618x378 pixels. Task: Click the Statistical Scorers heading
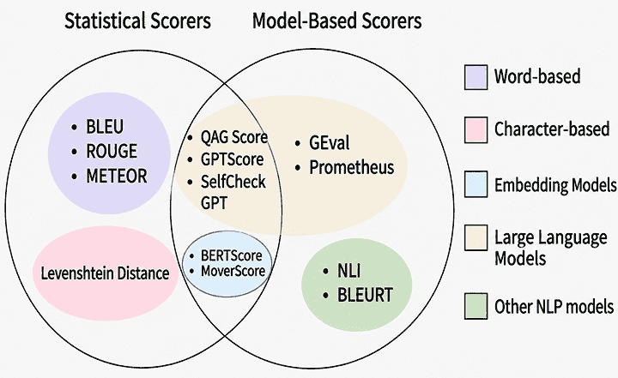[137, 21]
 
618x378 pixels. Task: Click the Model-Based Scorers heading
[337, 21]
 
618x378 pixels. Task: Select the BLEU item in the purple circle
[105, 127]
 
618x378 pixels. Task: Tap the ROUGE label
[112, 151]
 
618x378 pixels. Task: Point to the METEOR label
[116, 176]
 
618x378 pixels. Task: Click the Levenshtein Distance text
[106, 273]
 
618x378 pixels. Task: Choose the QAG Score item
[234, 137]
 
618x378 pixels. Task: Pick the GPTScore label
[232, 159]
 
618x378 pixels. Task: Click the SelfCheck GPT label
[233, 193]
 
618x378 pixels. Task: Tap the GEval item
[329, 143]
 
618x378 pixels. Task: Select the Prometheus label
[352, 167]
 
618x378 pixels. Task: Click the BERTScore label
[232, 256]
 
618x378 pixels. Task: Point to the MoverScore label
[233, 272]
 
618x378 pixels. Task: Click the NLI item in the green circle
[348, 271]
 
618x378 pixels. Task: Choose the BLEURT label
[365, 295]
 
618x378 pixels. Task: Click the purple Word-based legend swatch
[476, 77]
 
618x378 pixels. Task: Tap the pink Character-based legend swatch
[476, 129]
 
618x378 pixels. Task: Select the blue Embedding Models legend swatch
[476, 184]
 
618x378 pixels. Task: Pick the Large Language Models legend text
[550, 248]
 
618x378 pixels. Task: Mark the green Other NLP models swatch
[476, 305]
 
